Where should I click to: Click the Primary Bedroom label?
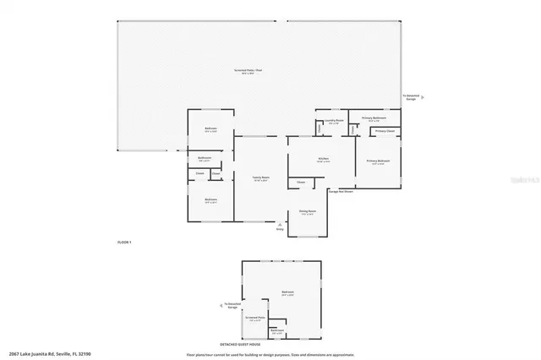tap(378, 161)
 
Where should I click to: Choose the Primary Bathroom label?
tap(374, 118)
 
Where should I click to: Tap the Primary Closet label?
tap(384, 131)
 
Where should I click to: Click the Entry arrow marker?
tap(280, 226)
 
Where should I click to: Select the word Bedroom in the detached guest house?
tap(287, 293)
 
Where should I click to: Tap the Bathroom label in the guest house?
tap(277, 330)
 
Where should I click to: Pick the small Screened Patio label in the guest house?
tap(255, 319)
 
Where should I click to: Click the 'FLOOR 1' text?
tap(124, 243)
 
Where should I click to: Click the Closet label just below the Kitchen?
tap(300, 182)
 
